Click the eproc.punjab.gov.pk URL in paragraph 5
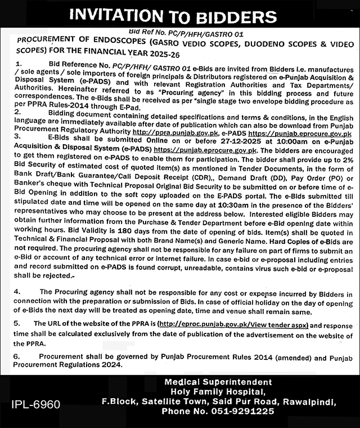point(233,325)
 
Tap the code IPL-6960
point(35,405)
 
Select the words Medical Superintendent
point(218,382)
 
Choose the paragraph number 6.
point(17,357)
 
